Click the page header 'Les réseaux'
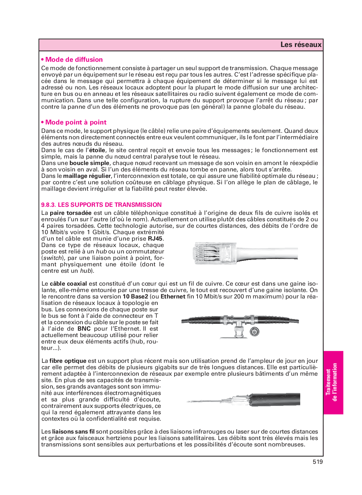coord(301,45)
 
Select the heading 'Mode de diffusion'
coord(74,60)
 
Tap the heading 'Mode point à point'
coord(76,122)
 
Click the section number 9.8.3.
coord(49,205)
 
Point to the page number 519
coord(317,462)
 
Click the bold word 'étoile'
coord(97,150)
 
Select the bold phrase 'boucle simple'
coord(89,163)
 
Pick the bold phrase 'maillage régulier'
coord(87,176)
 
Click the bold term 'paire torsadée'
coord(70,213)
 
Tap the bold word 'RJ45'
coord(155,239)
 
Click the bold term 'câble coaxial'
coord(68,284)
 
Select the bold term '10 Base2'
coord(135,297)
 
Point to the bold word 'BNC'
coord(84,329)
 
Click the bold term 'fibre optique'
coord(68,361)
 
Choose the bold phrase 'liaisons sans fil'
coord(73,432)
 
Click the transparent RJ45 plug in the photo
coord(211,253)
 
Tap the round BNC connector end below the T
coord(255,332)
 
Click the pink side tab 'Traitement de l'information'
coord(333,382)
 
